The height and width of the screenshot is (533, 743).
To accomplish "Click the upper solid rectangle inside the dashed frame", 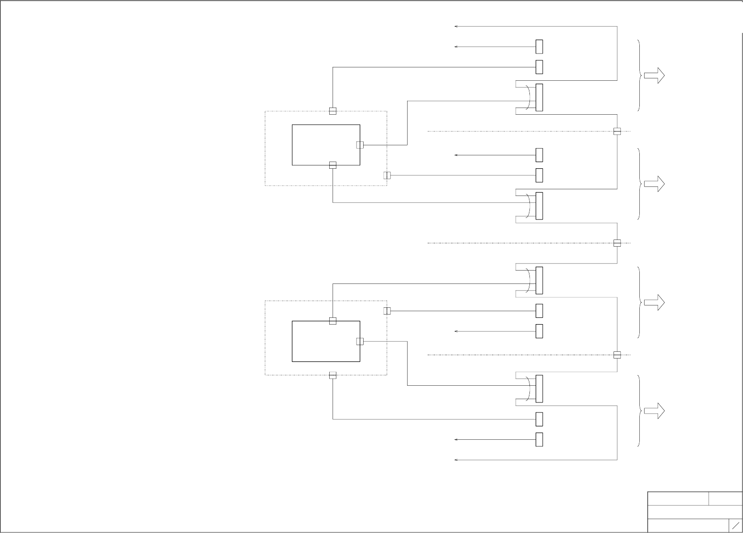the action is pyautogui.click(x=326, y=145).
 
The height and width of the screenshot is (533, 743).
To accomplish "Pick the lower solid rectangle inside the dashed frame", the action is pyautogui.click(x=326, y=341).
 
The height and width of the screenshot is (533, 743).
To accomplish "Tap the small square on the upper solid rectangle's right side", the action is pyautogui.click(x=360, y=145).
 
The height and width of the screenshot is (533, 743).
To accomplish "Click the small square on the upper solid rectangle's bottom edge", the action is pyautogui.click(x=333, y=165).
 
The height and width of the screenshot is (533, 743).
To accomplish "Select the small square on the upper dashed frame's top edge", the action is pyautogui.click(x=333, y=111).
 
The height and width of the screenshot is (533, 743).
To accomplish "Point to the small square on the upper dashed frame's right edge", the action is pyautogui.click(x=387, y=175).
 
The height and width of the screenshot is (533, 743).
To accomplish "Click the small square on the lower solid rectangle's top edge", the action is pyautogui.click(x=333, y=321).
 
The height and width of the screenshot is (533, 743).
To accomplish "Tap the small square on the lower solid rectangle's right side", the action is pyautogui.click(x=360, y=341).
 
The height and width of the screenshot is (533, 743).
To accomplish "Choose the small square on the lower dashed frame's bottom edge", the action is pyautogui.click(x=333, y=375).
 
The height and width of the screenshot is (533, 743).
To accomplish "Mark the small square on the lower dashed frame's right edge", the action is pyautogui.click(x=387, y=311).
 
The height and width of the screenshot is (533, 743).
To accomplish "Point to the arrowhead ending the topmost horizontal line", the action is pyautogui.click(x=456, y=27).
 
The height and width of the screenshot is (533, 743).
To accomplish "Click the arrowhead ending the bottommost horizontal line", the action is pyautogui.click(x=456, y=460).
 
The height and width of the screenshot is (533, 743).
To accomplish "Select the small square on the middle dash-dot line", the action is pyautogui.click(x=617, y=243).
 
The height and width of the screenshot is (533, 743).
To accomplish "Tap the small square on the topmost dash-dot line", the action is pyautogui.click(x=617, y=131).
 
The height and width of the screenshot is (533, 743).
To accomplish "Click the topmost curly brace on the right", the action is pyautogui.click(x=640, y=76).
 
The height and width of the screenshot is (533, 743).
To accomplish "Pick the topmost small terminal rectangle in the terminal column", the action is pyautogui.click(x=539, y=47).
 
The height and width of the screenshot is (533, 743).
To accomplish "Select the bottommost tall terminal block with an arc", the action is pyautogui.click(x=539, y=389).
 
